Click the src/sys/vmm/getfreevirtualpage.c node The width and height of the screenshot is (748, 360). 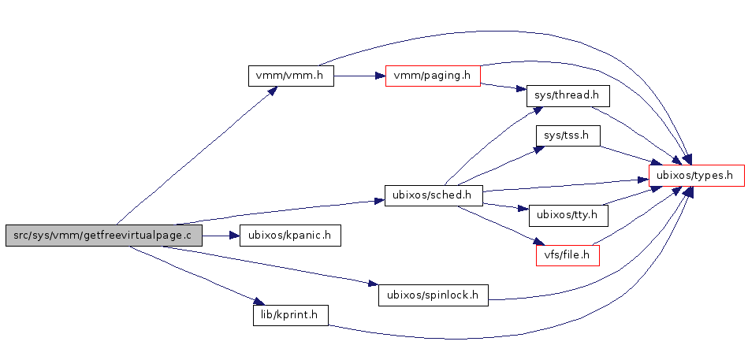pos(102,235)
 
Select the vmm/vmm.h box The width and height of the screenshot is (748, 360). pos(291,76)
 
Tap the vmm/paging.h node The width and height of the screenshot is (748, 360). pos(433,76)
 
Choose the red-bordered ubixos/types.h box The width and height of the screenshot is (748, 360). pos(696,175)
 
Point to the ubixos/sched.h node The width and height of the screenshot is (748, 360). pos(433,195)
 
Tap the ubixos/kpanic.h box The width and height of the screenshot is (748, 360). pos(289,235)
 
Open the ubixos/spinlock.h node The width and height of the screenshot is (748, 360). pos(433,295)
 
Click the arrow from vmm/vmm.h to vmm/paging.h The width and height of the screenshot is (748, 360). pos(359,76)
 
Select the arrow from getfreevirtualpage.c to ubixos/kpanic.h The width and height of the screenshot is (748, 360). pos(220,235)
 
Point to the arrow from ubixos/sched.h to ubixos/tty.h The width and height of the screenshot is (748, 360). pos(504,206)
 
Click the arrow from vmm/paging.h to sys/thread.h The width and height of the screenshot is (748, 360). pos(504,87)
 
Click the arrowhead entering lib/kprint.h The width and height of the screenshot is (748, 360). pos(257,302)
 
